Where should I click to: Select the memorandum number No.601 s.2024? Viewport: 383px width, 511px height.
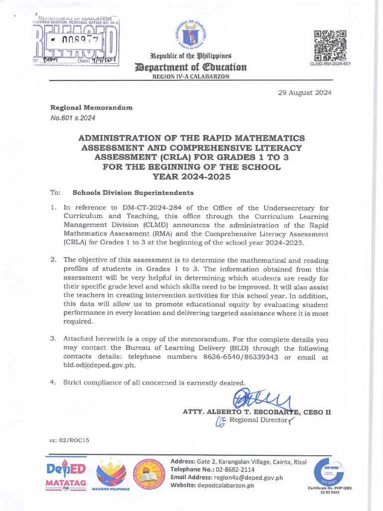pyautogui.click(x=72, y=118)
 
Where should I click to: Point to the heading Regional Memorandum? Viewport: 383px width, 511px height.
pyautogui.click(x=91, y=108)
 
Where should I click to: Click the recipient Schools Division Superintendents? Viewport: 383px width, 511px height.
pyautogui.click(x=133, y=193)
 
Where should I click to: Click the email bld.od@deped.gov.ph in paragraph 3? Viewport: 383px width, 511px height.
pyautogui.click(x=99, y=365)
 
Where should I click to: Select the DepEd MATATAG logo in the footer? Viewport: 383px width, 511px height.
pyautogui.click(x=66, y=474)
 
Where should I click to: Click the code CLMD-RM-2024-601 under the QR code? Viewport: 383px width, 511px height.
pyautogui.click(x=331, y=63)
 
